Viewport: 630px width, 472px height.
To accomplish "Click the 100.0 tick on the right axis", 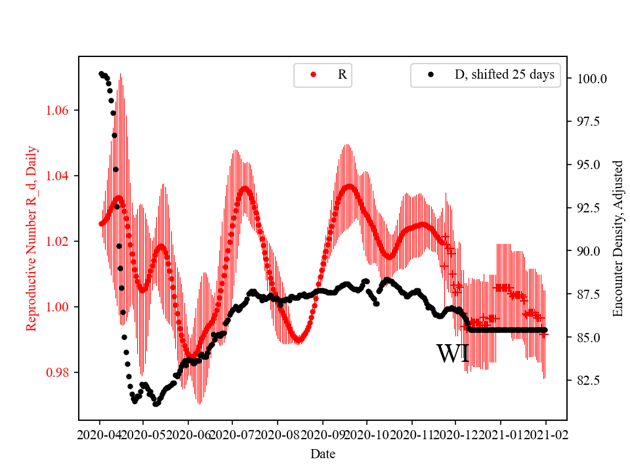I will pyautogui.click(x=591, y=79).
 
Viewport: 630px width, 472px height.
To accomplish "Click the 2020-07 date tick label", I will pyautogui.click(x=233, y=434).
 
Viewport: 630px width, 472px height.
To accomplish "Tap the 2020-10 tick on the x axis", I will pyautogui.click(x=367, y=434).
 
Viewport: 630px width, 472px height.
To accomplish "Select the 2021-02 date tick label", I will pyautogui.click(x=545, y=434).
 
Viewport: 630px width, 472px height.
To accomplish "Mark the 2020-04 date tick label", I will pyautogui.click(x=99, y=434).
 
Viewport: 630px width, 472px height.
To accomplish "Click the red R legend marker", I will pyautogui.click(x=313, y=75).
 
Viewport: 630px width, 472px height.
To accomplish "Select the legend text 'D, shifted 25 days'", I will pyautogui.click(x=504, y=75).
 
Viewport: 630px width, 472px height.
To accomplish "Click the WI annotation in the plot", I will pyautogui.click(x=452, y=354).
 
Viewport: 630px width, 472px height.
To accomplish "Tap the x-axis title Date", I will pyautogui.click(x=322, y=453).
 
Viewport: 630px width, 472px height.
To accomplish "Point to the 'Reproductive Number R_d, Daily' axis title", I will pyautogui.click(x=31, y=239).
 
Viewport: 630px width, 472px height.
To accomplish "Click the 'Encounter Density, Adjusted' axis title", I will pyautogui.click(x=617, y=239).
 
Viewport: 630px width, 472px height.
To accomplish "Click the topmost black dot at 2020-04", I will pyautogui.click(x=101, y=73).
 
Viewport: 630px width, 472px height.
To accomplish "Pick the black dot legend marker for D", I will pyautogui.click(x=430, y=75).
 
